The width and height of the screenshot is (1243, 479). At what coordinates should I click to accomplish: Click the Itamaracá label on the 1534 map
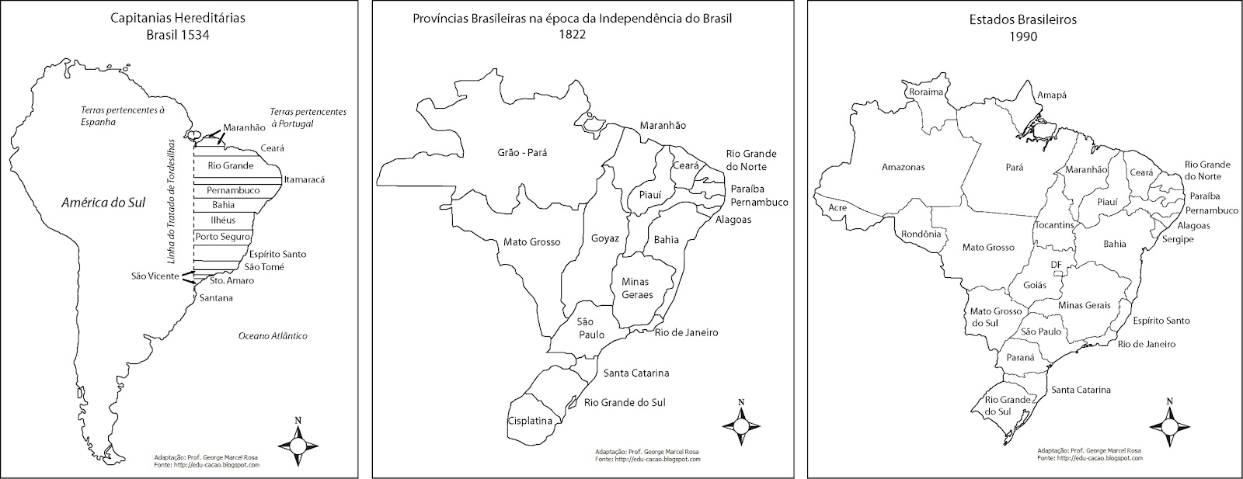pyautogui.click(x=304, y=179)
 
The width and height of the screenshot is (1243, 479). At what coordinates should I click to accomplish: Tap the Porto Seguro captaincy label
pyautogui.click(x=222, y=236)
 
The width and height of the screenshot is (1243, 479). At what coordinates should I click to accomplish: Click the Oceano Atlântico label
pyautogui.click(x=273, y=336)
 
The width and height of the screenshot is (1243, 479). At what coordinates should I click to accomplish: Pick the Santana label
pyautogui.click(x=216, y=298)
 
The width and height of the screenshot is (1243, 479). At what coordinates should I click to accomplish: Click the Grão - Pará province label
pyautogui.click(x=522, y=153)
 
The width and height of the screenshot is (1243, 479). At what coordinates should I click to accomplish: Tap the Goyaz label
pyautogui.click(x=605, y=238)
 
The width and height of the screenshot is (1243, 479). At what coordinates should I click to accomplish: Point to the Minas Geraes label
pyautogui.click(x=636, y=288)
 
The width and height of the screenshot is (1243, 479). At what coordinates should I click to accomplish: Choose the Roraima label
pyautogui.click(x=925, y=92)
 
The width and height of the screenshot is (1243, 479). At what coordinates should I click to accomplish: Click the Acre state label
pyautogui.click(x=837, y=208)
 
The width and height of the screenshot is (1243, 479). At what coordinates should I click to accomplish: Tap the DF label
pyautogui.click(x=1056, y=265)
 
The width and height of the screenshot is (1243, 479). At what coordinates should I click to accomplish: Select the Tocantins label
pyautogui.click(x=1054, y=225)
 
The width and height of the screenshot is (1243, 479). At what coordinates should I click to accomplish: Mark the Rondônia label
pyautogui.click(x=922, y=234)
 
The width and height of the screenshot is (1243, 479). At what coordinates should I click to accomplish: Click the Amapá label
pyautogui.click(x=1052, y=95)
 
